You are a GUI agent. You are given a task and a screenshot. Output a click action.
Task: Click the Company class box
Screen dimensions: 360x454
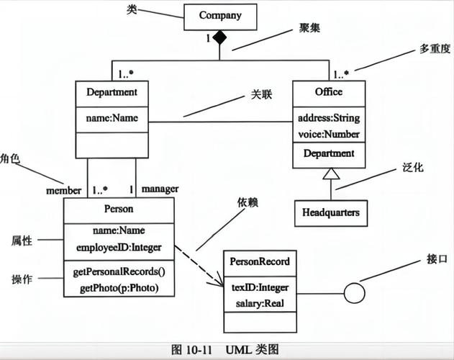[x=220, y=16]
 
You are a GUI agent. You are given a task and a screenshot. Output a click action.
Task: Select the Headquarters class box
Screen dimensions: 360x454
[x=330, y=212]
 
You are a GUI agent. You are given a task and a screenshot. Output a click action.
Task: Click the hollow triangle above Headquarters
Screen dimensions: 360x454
[x=330, y=174]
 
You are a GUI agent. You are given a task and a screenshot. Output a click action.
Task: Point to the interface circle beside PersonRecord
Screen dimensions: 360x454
[x=353, y=294]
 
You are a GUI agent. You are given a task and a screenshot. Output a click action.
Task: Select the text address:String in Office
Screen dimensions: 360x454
[x=328, y=118]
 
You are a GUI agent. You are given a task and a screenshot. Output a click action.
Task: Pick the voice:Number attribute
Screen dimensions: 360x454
[x=328, y=133]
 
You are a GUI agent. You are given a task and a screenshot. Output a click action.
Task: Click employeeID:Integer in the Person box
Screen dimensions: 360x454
[x=119, y=247]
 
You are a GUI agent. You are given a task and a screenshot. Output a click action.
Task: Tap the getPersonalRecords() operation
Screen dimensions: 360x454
[x=119, y=271]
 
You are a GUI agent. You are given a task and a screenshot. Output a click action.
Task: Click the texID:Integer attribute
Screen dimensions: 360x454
[x=260, y=288]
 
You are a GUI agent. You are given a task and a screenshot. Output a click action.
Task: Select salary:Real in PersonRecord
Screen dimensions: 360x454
[x=260, y=303]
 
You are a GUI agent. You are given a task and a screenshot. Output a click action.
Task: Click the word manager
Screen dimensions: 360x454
[x=160, y=189]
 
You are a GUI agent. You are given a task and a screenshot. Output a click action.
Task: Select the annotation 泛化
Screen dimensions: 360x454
[x=412, y=167]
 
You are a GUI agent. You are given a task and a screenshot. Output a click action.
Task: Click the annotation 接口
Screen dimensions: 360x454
[x=437, y=258]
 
